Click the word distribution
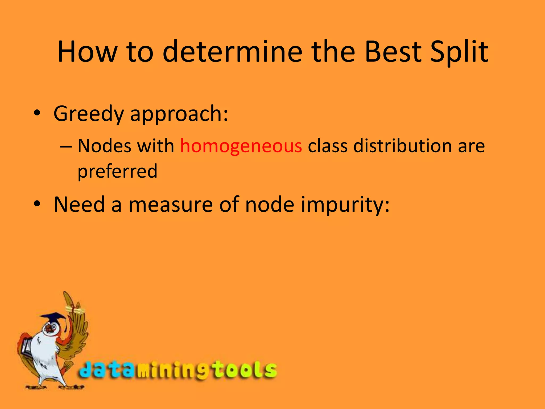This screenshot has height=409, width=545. (402, 146)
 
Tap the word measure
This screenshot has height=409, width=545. (171, 204)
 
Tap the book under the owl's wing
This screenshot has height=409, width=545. (27, 346)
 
